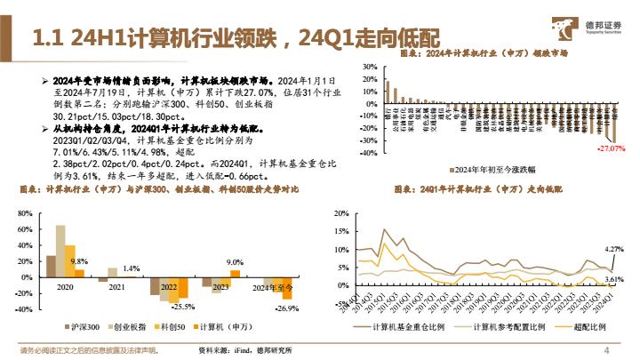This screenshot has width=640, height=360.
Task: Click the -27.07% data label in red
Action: [608, 148]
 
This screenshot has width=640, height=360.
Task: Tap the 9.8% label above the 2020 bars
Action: [79, 260]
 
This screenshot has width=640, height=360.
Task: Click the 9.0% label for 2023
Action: [235, 261]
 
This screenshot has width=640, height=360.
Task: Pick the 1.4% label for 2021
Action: [131, 268]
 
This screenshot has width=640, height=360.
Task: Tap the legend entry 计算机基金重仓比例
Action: [396, 328]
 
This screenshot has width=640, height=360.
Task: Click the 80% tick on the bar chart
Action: [24, 213]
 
